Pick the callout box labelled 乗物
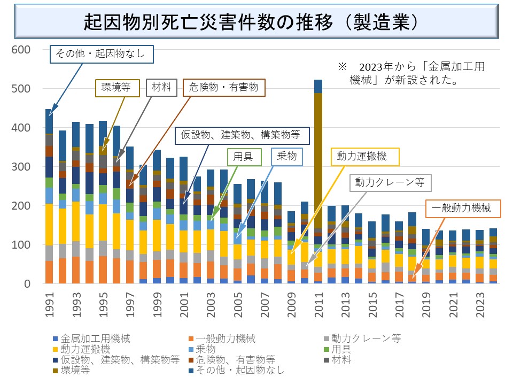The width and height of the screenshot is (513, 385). click(x=287, y=157)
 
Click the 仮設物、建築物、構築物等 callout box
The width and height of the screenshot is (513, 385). click(x=243, y=136)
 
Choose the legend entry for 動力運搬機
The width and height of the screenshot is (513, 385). click(x=85, y=349)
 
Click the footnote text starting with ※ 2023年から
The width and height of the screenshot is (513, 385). click(x=411, y=73)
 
